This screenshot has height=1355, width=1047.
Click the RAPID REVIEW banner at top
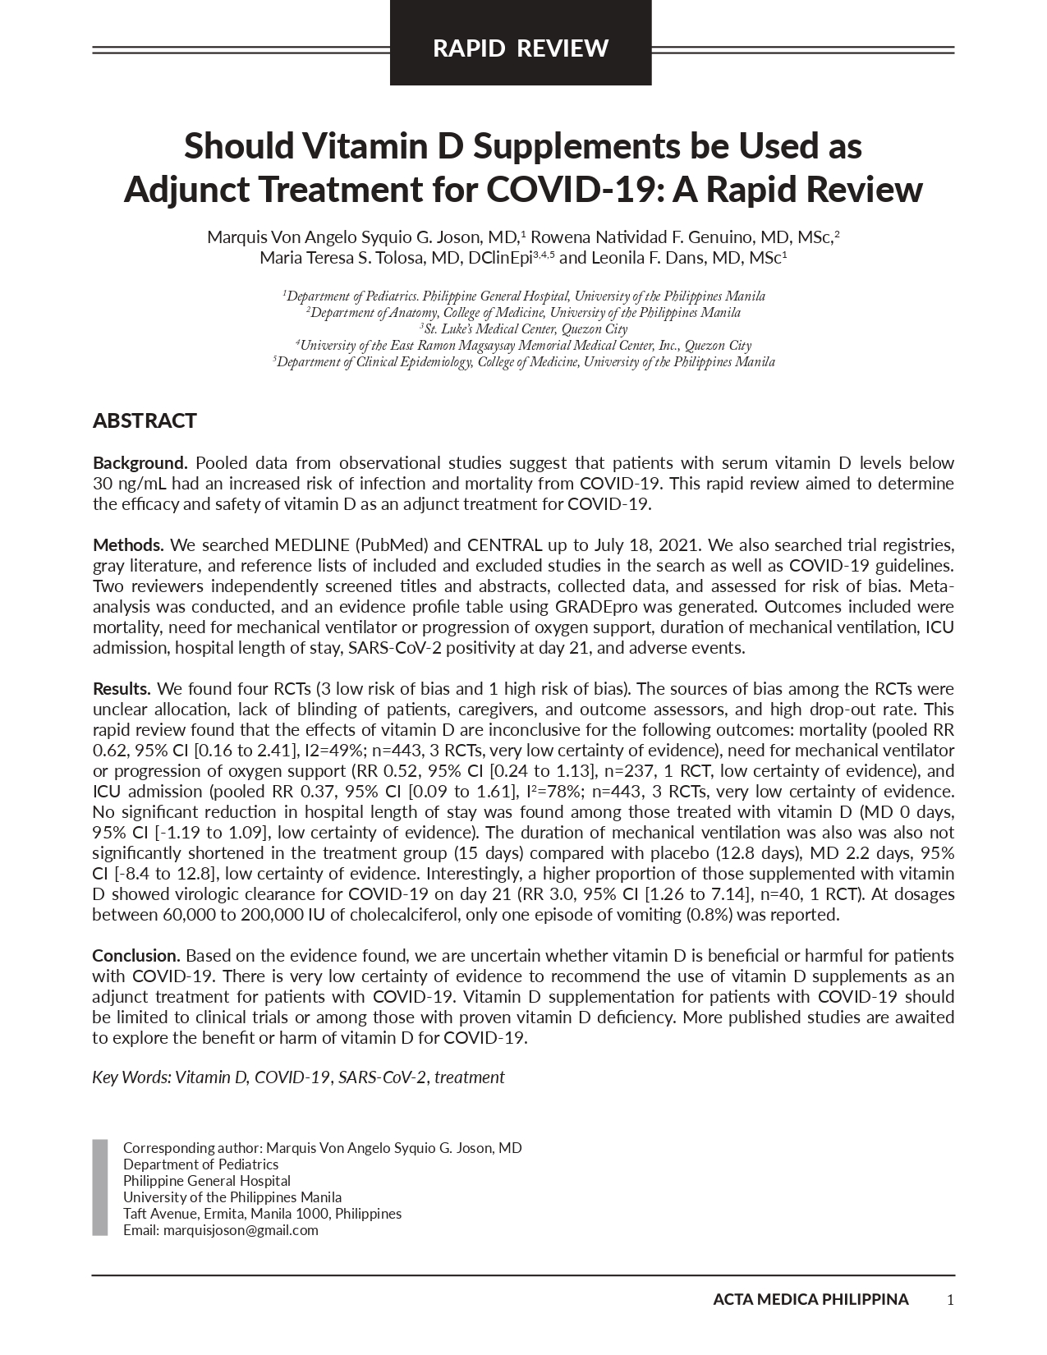tap(520, 48)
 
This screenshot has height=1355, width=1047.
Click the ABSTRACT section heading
tap(145, 421)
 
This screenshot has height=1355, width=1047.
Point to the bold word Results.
tap(122, 689)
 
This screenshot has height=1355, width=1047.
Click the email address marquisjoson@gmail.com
tap(241, 1230)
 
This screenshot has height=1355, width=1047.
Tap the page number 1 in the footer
tap(950, 1299)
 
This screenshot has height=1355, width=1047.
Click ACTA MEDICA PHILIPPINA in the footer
tap(811, 1299)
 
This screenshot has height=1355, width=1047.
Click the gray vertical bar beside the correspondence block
tap(100, 1187)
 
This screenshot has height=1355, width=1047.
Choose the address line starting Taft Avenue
tap(262, 1214)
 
